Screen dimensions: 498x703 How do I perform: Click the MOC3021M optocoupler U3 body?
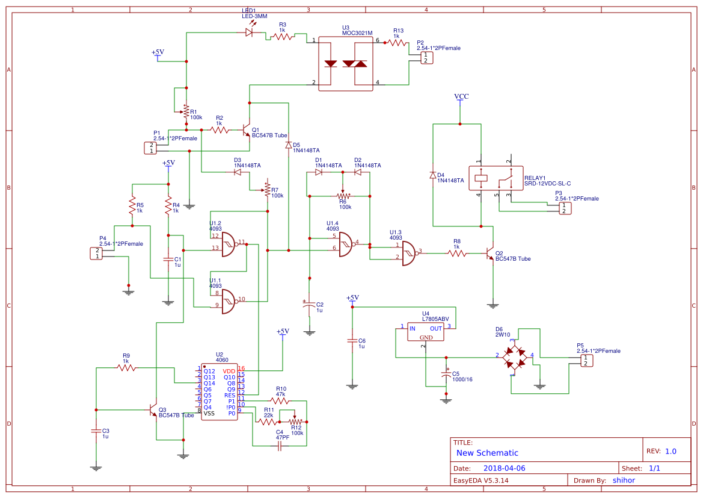coord(345,64)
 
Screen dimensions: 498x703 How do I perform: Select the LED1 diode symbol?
coord(249,33)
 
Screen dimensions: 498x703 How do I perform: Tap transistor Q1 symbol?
coord(247,129)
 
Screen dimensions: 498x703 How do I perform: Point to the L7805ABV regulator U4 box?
coord(426,332)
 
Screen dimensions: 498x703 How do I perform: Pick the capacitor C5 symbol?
coord(446,375)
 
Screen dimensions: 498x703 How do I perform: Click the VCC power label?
coord(461,96)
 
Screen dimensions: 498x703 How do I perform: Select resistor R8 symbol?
coord(457,254)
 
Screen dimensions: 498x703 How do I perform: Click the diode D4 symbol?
coord(432,175)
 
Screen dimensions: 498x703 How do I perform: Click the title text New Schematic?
coord(487,453)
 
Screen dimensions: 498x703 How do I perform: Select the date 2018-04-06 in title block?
coord(504,468)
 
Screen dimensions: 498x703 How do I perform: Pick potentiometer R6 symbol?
coord(343,196)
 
